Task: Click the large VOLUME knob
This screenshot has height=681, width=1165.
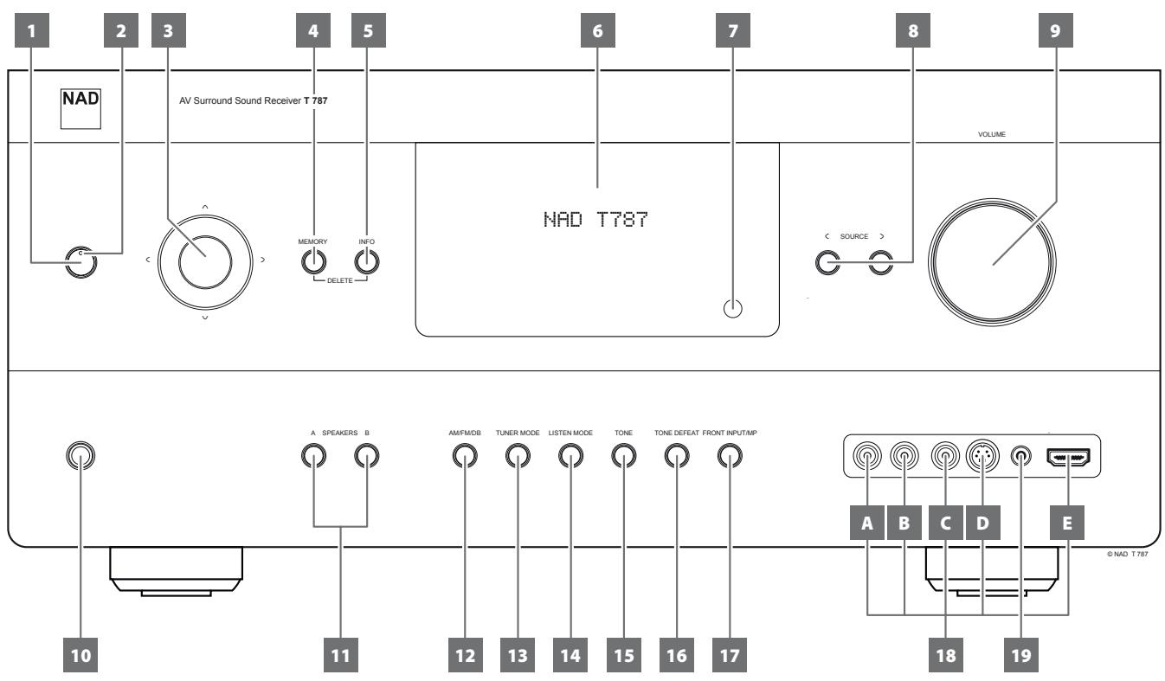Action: [x=992, y=261]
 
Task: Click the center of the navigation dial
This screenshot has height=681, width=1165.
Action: [x=205, y=259]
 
